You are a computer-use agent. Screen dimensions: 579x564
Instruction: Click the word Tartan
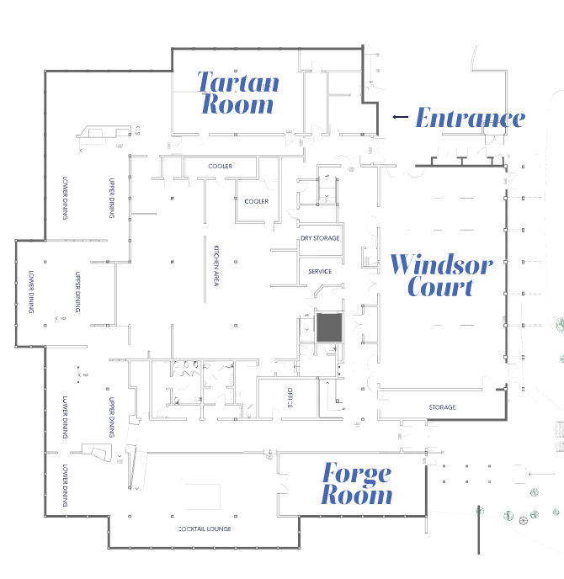click(x=237, y=82)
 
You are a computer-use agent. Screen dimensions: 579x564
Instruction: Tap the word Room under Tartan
click(x=237, y=104)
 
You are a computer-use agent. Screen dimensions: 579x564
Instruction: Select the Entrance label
click(x=470, y=118)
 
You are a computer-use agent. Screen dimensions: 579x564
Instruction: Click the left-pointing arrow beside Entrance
click(x=400, y=118)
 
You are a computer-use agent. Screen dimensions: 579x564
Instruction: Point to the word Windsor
click(x=440, y=265)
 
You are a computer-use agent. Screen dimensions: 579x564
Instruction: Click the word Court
click(x=440, y=286)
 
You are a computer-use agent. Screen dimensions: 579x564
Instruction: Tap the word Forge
click(x=356, y=473)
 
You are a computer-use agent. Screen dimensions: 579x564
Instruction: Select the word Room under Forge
click(x=356, y=495)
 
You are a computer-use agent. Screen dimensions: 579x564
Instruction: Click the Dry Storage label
click(x=321, y=238)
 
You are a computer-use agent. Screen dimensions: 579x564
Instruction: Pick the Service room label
click(x=321, y=271)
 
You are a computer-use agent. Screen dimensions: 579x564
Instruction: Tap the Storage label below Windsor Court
click(x=442, y=407)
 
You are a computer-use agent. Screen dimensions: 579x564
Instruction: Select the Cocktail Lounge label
click(x=204, y=529)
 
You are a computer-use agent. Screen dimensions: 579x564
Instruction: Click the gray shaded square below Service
click(x=328, y=327)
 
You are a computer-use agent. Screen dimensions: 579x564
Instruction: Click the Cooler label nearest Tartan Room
click(x=221, y=167)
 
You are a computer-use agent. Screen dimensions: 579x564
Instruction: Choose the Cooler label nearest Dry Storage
click(x=256, y=202)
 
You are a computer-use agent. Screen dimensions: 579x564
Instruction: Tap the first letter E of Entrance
click(x=423, y=118)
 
